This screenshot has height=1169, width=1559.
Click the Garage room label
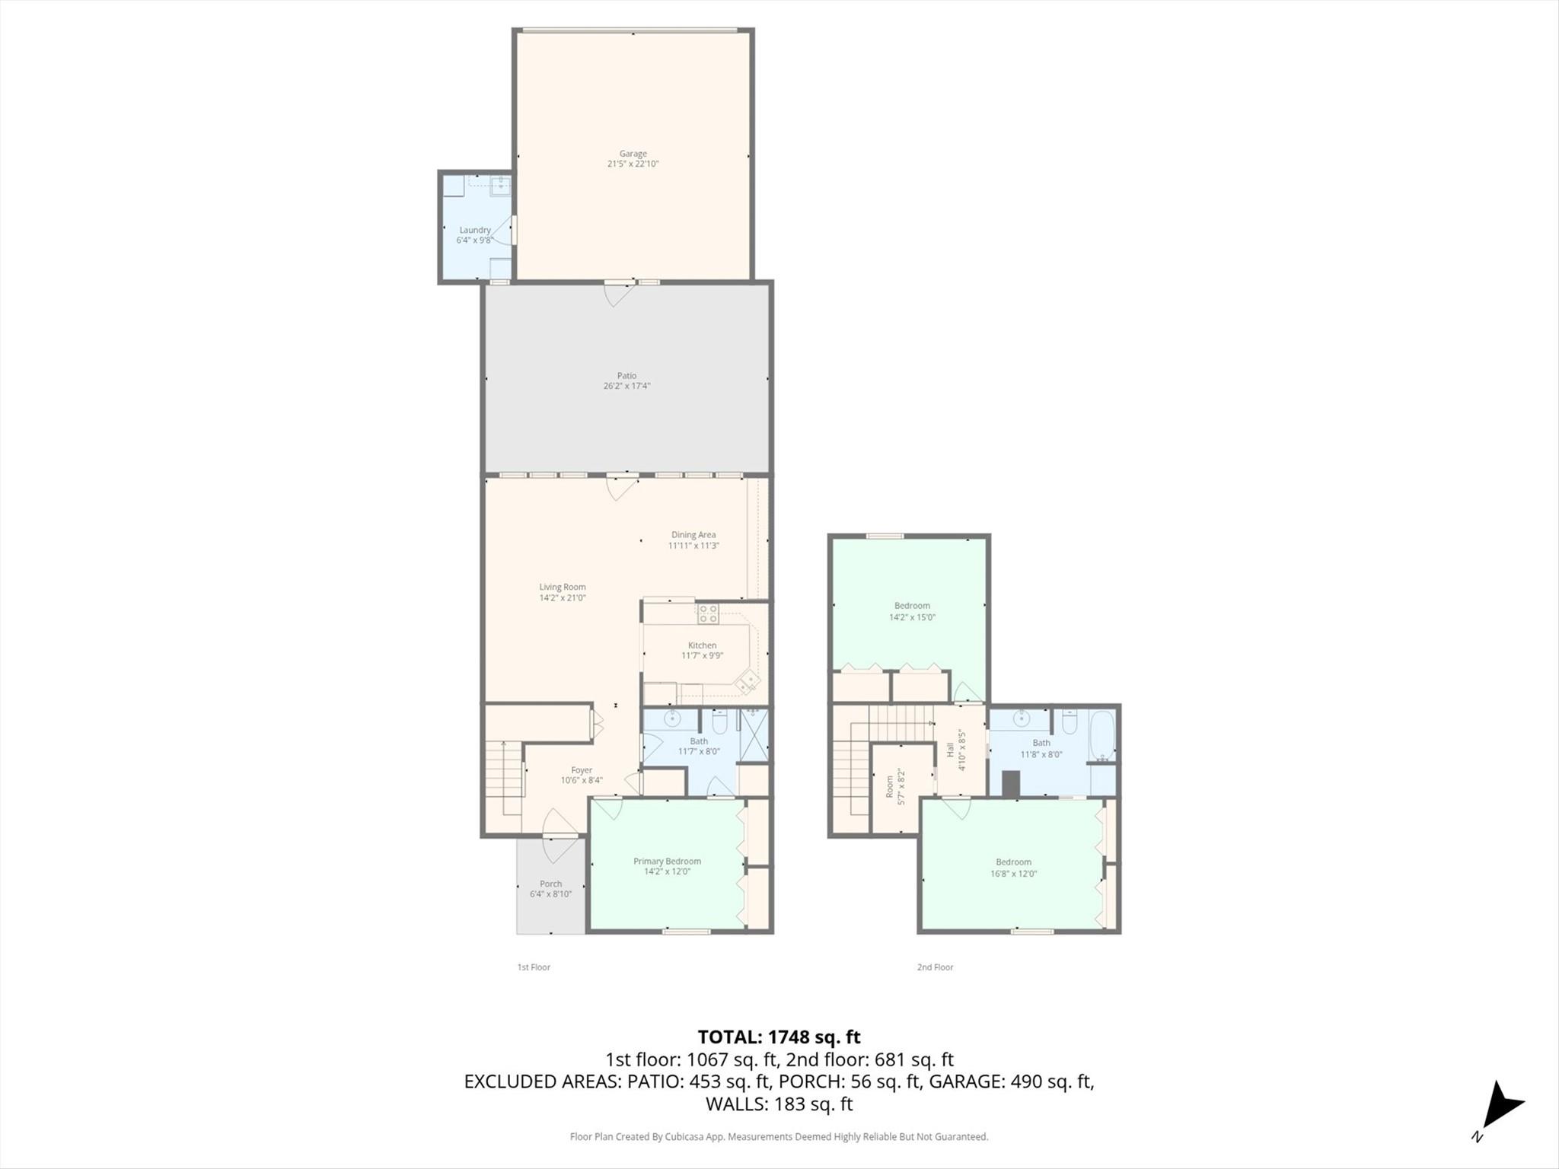[633, 154]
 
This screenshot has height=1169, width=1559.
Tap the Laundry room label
[475, 230]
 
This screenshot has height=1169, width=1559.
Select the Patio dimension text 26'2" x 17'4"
[626, 386]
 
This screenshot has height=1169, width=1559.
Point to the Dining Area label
[693, 535]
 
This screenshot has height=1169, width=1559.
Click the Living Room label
[563, 587]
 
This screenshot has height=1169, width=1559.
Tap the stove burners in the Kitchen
[708, 613]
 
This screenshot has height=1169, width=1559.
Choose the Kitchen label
[702, 645]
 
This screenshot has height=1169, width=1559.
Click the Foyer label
[582, 770]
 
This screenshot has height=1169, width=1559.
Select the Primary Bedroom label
[667, 862]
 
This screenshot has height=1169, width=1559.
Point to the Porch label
[550, 884]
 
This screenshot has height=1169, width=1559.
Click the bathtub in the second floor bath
[1102, 736]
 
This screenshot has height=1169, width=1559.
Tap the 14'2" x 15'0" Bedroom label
[912, 606]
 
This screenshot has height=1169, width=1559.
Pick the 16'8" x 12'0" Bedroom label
[1013, 862]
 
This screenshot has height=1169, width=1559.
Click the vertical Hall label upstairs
[950, 750]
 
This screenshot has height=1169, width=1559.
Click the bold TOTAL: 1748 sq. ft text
[779, 1037]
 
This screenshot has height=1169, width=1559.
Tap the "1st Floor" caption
[534, 967]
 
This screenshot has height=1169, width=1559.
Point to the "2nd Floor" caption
[935, 967]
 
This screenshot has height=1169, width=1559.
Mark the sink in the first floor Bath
[672, 718]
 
